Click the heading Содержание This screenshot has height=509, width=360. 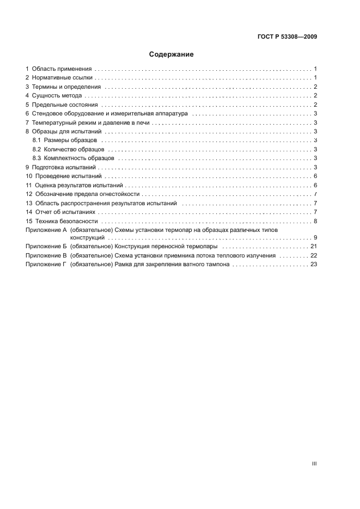tap(172, 54)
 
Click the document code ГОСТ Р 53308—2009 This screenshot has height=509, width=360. tap(287, 37)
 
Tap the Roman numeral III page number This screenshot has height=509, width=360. tap(314, 464)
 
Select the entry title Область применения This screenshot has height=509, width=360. tap(62, 69)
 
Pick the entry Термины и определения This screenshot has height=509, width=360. tap(66, 87)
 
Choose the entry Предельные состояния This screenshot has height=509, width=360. tap(65, 105)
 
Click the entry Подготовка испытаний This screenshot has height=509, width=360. tap(64, 167)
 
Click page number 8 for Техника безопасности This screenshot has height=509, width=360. tap(315, 221)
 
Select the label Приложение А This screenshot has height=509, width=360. tap(46, 230)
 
